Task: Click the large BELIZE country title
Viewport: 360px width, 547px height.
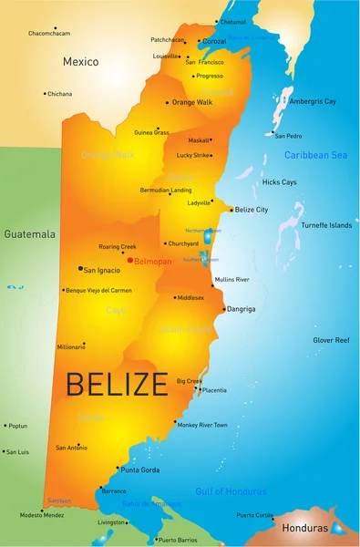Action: click(x=117, y=384)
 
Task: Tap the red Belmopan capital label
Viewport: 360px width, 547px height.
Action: click(x=153, y=260)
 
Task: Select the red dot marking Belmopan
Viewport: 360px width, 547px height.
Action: click(x=131, y=260)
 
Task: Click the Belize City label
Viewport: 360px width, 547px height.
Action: click(x=252, y=210)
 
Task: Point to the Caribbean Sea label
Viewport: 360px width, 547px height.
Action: click(x=315, y=155)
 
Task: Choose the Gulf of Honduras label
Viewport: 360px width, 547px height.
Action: click(x=231, y=491)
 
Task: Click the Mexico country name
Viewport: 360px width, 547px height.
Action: click(x=80, y=62)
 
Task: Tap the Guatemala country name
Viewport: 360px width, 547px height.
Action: click(x=30, y=234)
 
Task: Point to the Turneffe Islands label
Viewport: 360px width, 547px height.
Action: click(x=326, y=225)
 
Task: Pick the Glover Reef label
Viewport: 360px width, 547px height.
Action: click(x=331, y=340)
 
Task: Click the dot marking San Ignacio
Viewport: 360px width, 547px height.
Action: click(x=80, y=269)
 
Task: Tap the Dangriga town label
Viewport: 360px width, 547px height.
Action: click(x=242, y=309)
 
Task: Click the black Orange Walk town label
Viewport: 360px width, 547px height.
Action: click(x=192, y=102)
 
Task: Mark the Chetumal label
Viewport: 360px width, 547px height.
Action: click(x=233, y=21)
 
